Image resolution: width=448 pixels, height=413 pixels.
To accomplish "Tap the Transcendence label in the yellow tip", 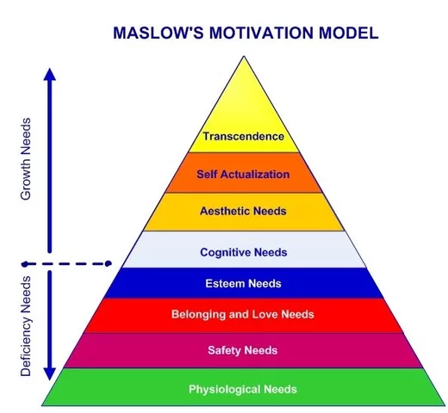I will (243, 136).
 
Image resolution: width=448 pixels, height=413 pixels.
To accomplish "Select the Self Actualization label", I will (243, 174).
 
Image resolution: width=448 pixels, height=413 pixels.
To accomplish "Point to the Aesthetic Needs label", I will (243, 211).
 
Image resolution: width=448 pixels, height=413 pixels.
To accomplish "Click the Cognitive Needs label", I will (243, 252).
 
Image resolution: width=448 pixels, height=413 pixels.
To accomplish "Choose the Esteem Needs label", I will (243, 283).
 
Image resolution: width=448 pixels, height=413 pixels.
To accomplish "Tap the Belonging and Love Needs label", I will (243, 315).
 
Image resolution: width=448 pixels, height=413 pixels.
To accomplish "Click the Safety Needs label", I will (243, 350).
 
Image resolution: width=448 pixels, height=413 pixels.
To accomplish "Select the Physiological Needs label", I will (243, 389).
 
